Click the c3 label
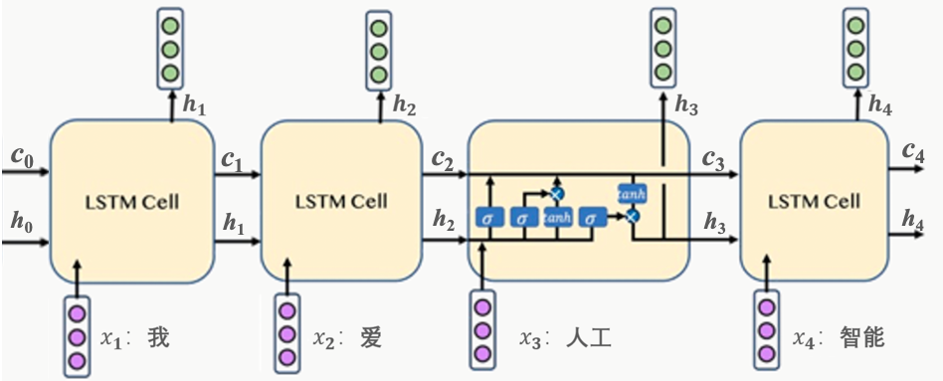(x=713, y=158)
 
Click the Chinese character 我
(x=158, y=337)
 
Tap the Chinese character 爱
(x=370, y=337)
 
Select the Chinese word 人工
(x=589, y=338)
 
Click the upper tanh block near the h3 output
(x=632, y=191)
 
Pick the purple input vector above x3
(x=482, y=329)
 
